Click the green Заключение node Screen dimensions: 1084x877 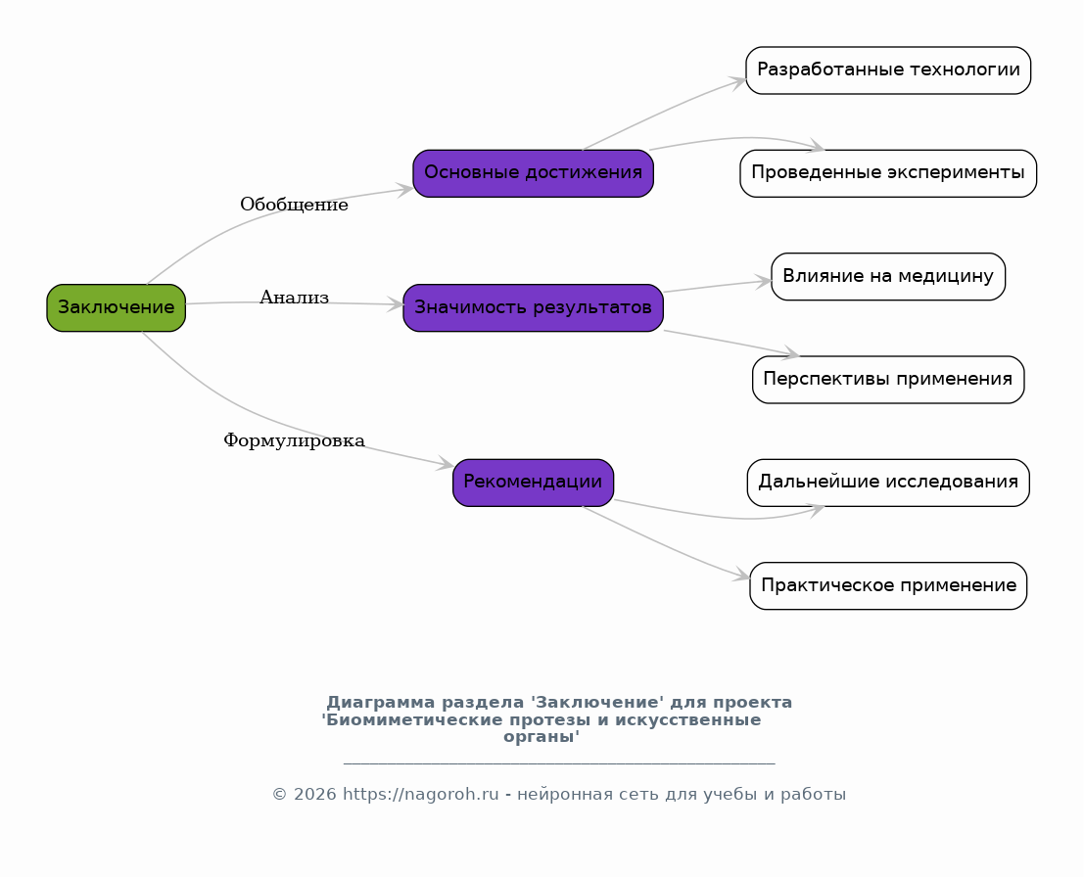click(x=117, y=307)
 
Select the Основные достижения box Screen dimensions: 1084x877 click(x=533, y=173)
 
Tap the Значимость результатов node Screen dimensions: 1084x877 click(x=533, y=307)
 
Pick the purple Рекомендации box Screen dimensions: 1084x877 click(x=533, y=483)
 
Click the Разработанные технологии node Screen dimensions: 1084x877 click(x=888, y=70)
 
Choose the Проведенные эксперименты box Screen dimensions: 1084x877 click(x=888, y=173)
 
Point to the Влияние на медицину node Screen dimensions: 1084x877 click(x=888, y=276)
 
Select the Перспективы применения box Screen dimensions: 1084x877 click(x=888, y=380)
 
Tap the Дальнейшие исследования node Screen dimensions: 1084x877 click(x=888, y=483)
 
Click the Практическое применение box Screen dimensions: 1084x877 click(x=888, y=585)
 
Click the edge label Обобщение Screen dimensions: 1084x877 click(x=294, y=205)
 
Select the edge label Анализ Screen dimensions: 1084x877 click(x=294, y=298)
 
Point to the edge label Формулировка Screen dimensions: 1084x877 click(x=294, y=440)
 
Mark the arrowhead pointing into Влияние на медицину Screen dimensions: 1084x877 click(x=763, y=281)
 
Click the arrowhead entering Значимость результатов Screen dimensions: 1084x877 click(x=395, y=304)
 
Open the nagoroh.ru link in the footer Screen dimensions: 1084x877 click(x=420, y=795)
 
